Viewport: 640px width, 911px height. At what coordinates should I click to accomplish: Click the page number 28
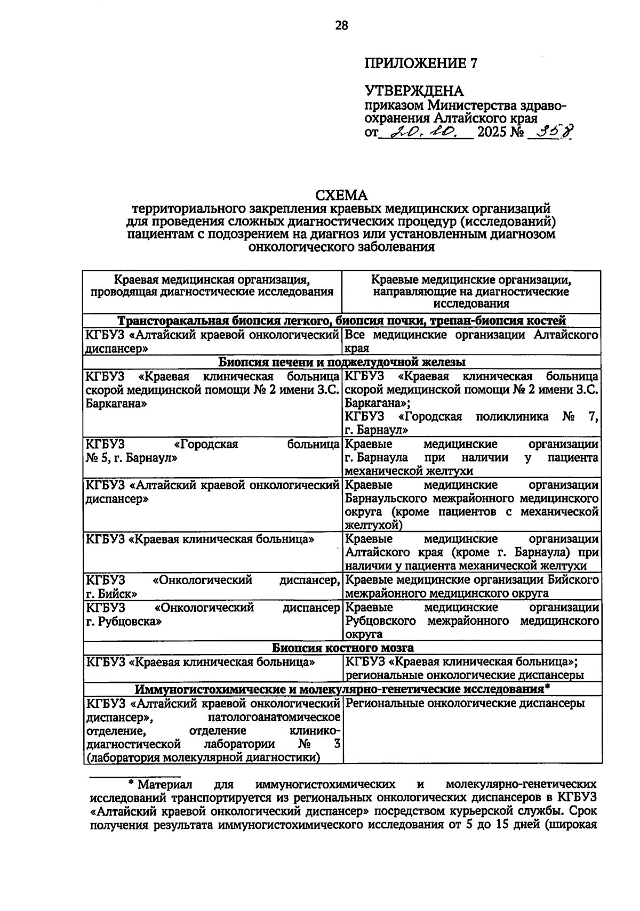pos(341,25)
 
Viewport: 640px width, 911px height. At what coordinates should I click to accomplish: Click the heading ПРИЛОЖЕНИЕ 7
pos(420,63)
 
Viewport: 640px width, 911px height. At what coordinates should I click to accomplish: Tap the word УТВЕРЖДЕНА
pos(414,91)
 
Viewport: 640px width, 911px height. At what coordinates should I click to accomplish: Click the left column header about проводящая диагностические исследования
pos(212,285)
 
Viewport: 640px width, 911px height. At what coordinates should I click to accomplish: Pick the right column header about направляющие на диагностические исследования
pos(471,292)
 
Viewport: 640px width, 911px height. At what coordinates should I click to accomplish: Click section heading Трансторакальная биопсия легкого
pos(341,321)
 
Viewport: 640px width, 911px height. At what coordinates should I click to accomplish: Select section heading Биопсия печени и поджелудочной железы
pos(341,362)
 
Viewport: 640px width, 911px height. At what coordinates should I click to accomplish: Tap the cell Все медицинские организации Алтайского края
pos(471,341)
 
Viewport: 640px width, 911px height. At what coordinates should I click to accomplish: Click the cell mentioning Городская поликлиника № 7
pos(471,423)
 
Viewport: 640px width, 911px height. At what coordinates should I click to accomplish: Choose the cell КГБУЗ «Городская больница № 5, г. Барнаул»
pos(212,451)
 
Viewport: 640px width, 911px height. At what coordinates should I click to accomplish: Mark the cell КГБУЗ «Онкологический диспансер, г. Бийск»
pos(212,586)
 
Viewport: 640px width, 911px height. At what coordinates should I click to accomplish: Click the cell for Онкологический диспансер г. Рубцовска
pos(212,614)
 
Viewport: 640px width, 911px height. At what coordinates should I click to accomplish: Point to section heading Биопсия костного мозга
pos(341,648)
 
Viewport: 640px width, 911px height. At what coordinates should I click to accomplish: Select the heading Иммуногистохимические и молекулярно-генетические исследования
pos(341,689)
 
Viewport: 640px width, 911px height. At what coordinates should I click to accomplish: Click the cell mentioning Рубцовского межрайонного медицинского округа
pos(471,621)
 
